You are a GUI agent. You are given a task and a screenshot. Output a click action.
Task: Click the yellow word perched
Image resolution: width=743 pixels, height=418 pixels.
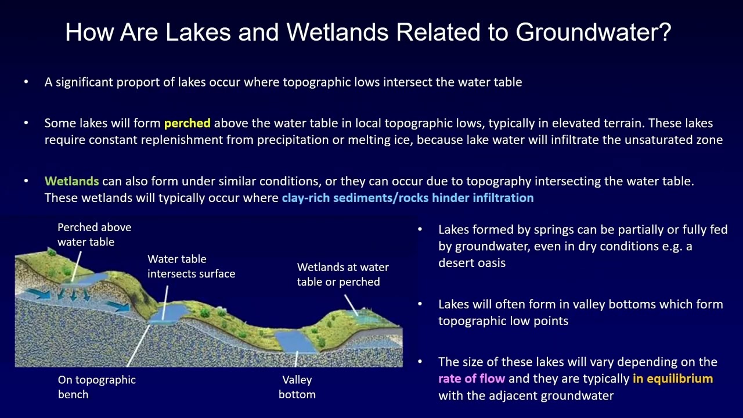(187, 123)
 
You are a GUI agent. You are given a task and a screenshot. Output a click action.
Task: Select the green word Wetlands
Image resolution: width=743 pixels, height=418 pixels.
(71, 181)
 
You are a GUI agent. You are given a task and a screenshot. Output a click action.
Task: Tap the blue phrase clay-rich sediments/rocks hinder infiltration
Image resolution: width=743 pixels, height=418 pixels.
(407, 198)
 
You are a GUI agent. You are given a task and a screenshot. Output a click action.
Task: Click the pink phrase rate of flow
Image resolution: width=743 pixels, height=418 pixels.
(471, 379)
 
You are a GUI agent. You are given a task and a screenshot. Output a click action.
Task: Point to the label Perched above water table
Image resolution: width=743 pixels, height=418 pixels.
(94, 235)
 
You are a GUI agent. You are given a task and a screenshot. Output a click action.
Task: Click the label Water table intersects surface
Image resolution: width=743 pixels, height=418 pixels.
(191, 266)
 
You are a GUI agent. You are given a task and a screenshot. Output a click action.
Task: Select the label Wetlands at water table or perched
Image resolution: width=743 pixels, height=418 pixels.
(342, 275)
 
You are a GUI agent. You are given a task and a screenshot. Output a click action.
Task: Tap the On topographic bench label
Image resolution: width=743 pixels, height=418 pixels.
(96, 387)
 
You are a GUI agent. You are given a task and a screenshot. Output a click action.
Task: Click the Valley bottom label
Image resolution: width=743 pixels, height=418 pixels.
(297, 387)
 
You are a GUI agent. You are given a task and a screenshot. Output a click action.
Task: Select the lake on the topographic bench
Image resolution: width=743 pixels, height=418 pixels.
(167, 313)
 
